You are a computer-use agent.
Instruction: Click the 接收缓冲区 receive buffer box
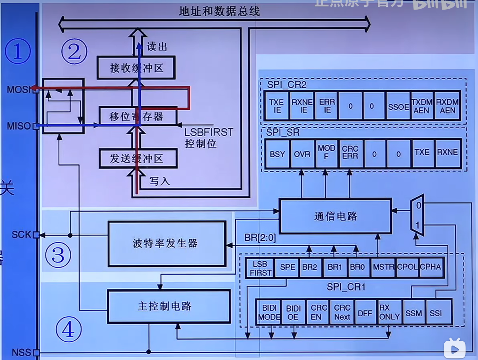(136, 68)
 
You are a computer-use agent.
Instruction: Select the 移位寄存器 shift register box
(137, 117)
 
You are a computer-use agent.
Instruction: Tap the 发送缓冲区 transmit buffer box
(137, 158)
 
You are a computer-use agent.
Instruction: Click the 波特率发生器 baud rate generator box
(166, 243)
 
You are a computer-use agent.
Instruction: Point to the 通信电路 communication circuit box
(335, 216)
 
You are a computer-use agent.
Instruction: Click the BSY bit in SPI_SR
(277, 154)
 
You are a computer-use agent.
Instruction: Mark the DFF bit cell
(365, 312)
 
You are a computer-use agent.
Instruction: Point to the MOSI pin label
(19, 90)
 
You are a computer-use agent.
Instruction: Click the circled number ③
(59, 255)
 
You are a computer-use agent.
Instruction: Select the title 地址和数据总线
(219, 11)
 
